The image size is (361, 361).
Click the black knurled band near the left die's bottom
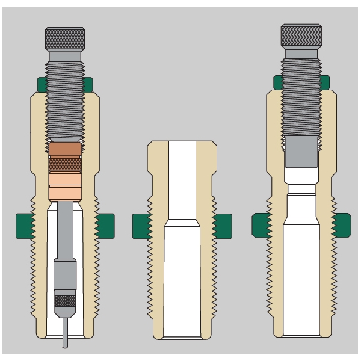64,301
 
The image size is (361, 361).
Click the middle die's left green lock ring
141,226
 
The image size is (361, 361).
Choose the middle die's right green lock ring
222,226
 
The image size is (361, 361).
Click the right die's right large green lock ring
341,226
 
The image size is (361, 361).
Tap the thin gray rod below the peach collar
64,229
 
